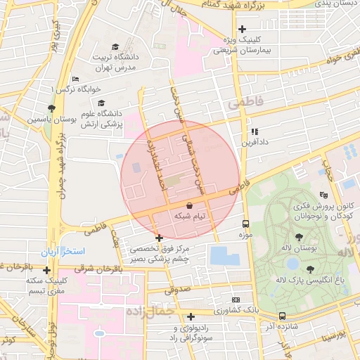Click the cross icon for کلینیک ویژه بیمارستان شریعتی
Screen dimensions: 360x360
tap(242, 30)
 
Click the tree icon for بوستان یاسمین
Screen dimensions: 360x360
tap(51, 108)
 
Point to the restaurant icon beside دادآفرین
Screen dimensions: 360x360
tap(255, 131)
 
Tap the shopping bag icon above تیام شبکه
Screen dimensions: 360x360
tap(189, 205)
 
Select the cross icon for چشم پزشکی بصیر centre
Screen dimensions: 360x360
tap(160, 238)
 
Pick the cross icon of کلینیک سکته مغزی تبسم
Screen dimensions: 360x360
tap(46, 270)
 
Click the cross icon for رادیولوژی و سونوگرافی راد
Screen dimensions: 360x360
tap(191, 317)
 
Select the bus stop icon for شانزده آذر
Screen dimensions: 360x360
tap(282, 316)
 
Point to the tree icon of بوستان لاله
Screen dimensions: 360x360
tap(300, 238)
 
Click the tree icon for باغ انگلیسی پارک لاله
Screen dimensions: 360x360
tap(309, 269)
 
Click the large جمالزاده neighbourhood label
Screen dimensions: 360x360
tap(148, 310)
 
